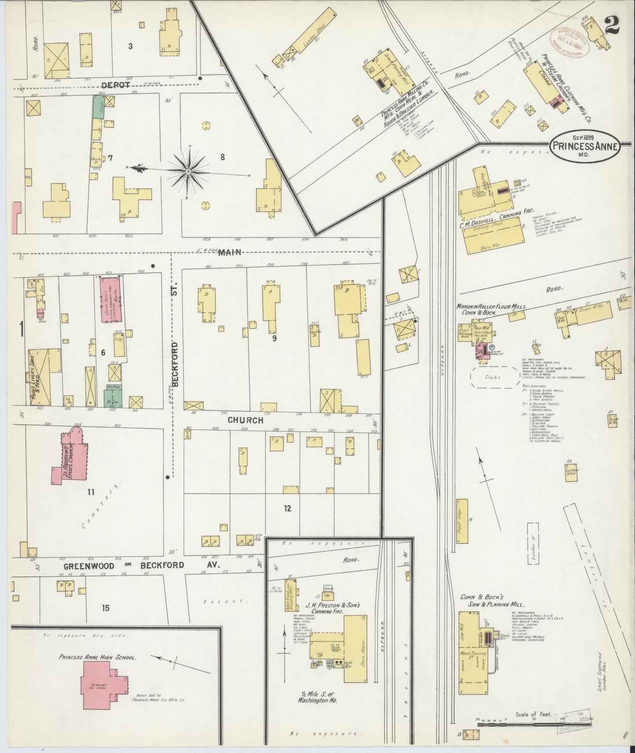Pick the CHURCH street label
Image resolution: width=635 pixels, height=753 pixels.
pyautogui.click(x=245, y=420)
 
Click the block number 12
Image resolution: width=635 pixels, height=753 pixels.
pyautogui.click(x=287, y=508)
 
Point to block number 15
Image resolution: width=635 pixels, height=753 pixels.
pyautogui.click(x=105, y=608)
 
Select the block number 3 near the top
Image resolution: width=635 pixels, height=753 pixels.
pyautogui.click(x=130, y=46)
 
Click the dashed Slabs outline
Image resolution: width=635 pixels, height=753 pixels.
pyautogui.click(x=495, y=377)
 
